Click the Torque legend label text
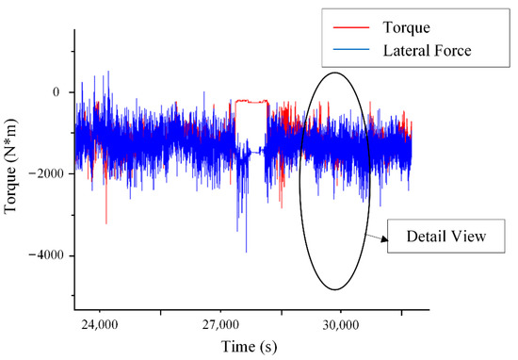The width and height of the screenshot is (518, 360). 406,27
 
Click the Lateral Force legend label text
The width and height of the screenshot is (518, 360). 427,51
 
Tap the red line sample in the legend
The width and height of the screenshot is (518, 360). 351,27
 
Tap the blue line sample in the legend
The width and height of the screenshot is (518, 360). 351,50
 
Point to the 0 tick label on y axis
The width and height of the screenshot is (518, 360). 56,92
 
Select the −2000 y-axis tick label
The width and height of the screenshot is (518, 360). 45,173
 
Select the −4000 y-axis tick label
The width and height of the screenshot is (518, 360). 45,255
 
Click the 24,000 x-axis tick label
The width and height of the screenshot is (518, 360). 100,325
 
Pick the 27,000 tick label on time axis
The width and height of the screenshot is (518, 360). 220,325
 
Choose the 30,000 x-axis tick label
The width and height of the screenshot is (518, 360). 341,325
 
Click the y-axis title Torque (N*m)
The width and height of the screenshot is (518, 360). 11,167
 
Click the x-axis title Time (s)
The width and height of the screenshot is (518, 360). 249,347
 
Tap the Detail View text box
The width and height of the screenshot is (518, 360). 446,236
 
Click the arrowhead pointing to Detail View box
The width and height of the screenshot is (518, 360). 384,239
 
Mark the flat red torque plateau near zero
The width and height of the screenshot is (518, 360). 251,101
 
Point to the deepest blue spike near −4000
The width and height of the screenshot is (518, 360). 246,252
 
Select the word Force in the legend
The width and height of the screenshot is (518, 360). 453,51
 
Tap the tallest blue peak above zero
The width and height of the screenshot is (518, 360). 108,72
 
